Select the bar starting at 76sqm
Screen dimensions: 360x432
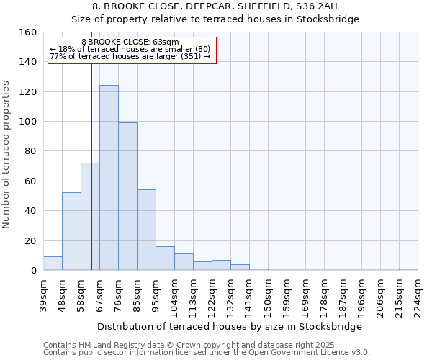pos(127,197)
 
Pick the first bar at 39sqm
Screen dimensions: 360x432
pos(53,264)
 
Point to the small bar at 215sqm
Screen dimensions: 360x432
pos(408,269)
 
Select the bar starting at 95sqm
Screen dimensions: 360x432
pos(165,258)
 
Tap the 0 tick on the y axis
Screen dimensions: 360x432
pos(33,271)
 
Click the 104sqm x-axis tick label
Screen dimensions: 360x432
pos(175,294)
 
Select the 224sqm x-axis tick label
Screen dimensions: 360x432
pos(418,294)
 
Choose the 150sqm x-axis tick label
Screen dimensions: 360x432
pos(269,294)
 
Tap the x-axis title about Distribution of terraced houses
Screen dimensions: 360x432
pos(230,326)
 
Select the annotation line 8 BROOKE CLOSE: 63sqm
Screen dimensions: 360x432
pos(130,42)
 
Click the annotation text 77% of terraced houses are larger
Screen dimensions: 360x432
pos(130,56)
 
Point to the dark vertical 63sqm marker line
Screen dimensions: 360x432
pos(91,180)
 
